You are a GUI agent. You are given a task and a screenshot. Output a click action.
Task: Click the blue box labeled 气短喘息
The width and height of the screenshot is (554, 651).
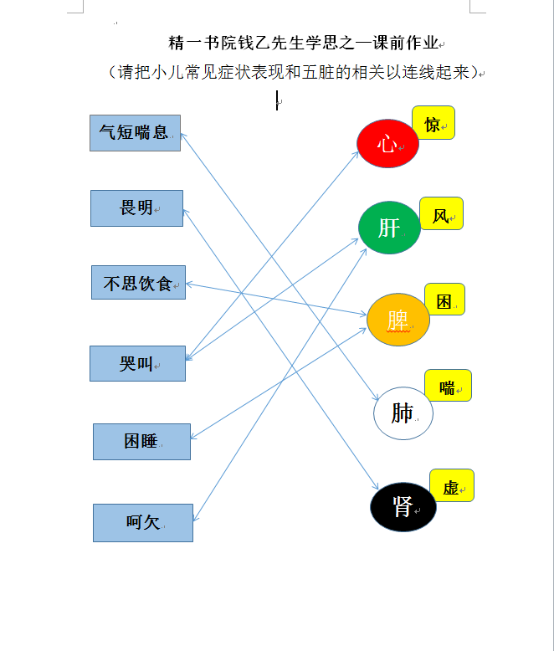coord(136,133)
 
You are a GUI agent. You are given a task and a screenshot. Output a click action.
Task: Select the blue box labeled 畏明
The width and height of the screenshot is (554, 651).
coord(136,208)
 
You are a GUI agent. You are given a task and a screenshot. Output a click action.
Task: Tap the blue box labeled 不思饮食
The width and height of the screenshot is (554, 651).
coord(138,282)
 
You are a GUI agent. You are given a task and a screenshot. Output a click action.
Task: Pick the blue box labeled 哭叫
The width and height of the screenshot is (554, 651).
coord(137,363)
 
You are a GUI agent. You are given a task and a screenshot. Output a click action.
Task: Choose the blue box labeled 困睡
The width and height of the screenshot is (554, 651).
coord(141,442)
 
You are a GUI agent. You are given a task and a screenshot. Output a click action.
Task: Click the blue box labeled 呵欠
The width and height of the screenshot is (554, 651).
coord(143,523)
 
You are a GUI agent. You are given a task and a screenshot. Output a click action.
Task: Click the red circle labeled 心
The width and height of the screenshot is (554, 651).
coord(387,144)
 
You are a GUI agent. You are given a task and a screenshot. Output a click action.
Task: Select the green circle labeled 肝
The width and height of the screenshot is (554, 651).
coord(389,228)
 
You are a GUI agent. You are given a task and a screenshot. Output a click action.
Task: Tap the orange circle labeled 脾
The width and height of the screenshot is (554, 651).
coord(398,320)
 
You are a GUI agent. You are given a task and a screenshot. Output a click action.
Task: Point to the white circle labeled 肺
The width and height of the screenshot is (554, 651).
coord(403,413)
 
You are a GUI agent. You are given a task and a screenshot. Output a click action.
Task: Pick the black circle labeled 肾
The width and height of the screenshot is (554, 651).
coord(403,507)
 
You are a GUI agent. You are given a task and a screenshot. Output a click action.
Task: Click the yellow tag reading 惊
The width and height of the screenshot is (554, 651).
coord(433,122)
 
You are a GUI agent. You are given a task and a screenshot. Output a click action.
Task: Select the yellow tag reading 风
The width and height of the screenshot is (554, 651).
coord(442,213)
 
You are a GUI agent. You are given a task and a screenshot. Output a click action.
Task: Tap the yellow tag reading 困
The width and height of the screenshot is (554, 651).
coord(444,299)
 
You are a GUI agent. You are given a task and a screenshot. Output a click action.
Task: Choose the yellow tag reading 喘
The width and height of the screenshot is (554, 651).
coord(448,385)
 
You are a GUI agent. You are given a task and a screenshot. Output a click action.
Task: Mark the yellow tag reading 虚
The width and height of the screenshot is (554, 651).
coord(452,485)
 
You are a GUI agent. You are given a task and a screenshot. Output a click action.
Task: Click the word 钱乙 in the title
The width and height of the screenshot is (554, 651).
coord(246,43)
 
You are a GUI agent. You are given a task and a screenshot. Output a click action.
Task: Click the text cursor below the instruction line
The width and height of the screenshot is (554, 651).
coord(277,100)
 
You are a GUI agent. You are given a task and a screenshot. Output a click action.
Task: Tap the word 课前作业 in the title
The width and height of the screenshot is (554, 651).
coord(406,43)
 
